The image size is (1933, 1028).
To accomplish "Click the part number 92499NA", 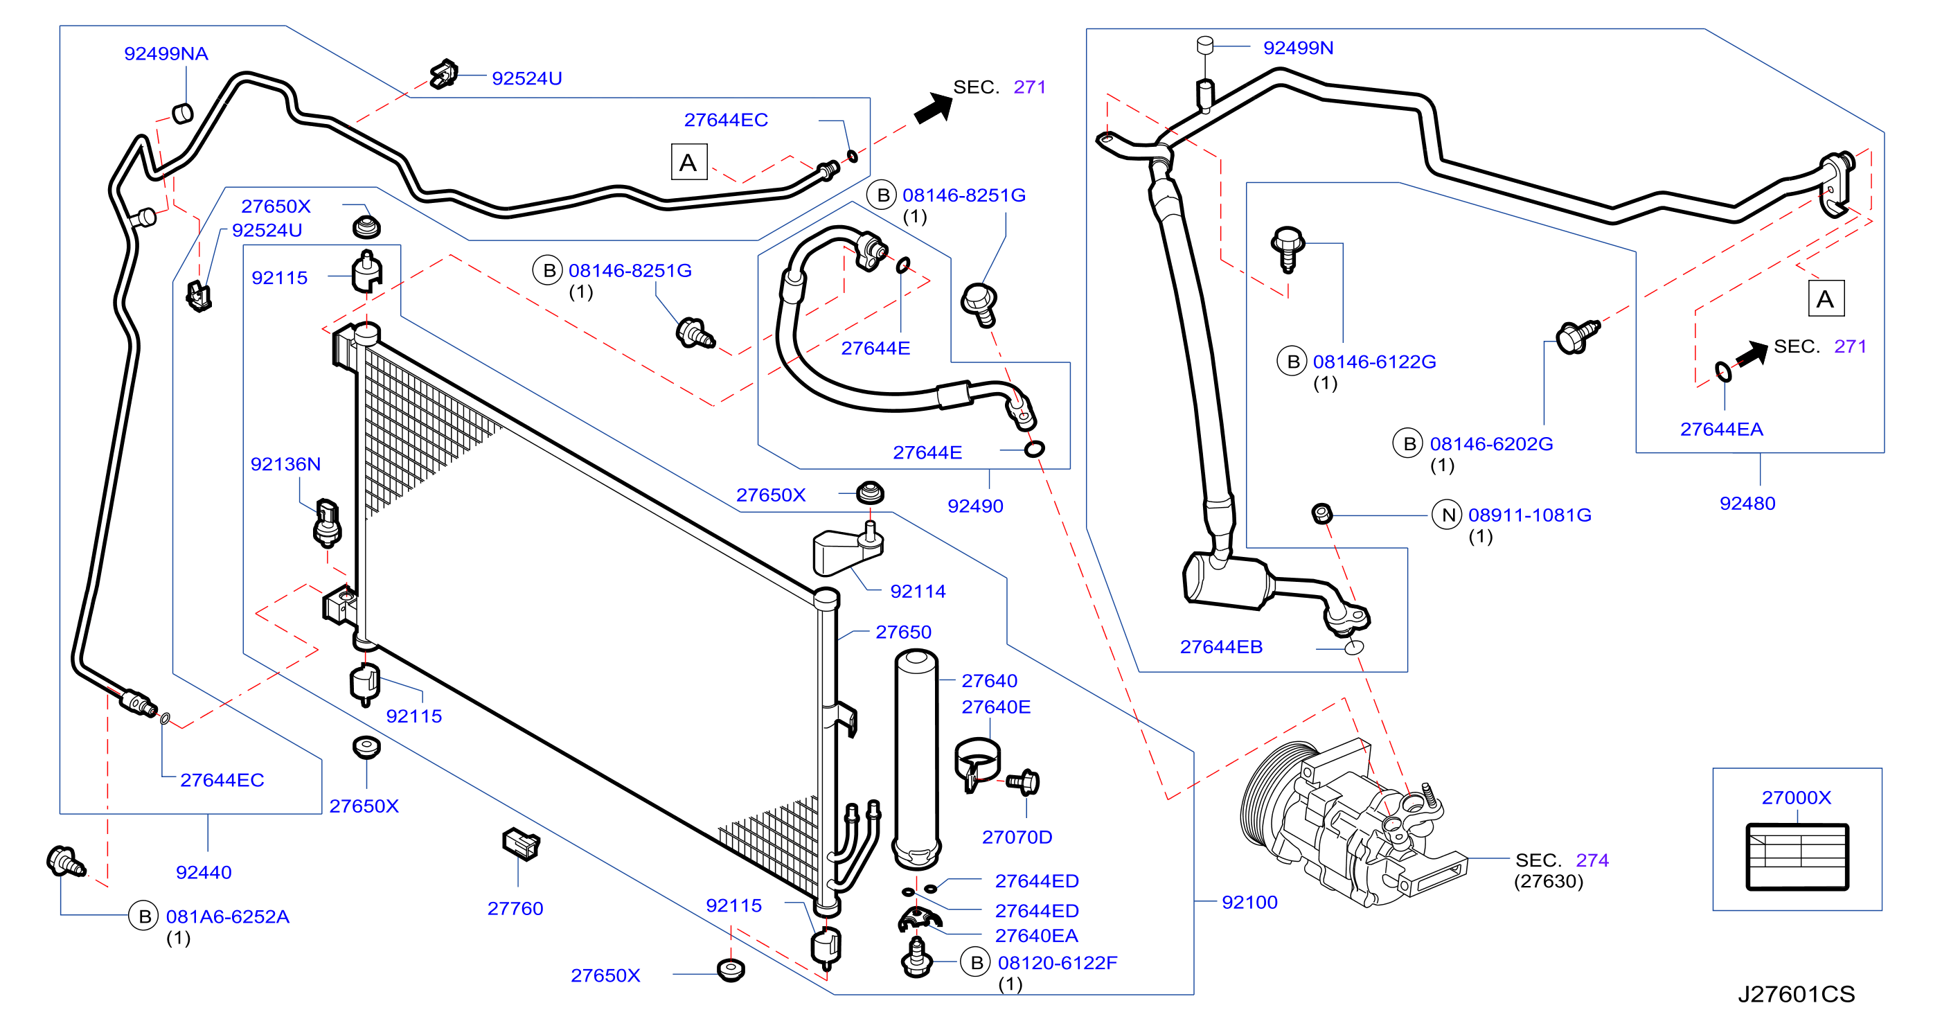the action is click(x=166, y=54).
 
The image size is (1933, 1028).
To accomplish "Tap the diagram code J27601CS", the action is click(x=1796, y=994).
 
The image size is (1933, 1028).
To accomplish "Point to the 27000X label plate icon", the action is click(x=1797, y=857).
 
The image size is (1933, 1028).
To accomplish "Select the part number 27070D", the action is click(x=1017, y=838).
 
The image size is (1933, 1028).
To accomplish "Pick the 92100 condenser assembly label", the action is click(x=1249, y=903).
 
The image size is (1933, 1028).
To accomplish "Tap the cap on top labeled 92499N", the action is click(x=1205, y=45).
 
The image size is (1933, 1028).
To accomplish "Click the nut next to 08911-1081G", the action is click(x=1322, y=513).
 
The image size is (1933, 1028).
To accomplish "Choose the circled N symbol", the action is click(x=1447, y=515).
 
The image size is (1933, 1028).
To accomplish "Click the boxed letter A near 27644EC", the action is click(x=689, y=162).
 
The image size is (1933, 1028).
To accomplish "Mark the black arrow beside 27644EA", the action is click(x=1752, y=354).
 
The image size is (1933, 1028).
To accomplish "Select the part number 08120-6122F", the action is click(x=1058, y=964).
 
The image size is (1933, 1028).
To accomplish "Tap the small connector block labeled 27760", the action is click(x=521, y=844).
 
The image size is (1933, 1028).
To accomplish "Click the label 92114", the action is click(x=918, y=592).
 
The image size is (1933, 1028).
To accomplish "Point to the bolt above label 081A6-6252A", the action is click(x=65, y=862).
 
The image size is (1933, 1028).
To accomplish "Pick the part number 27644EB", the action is click(x=1221, y=648).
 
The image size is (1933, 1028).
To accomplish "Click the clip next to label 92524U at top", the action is click(x=444, y=74).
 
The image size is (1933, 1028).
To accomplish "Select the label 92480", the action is click(x=1747, y=504).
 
